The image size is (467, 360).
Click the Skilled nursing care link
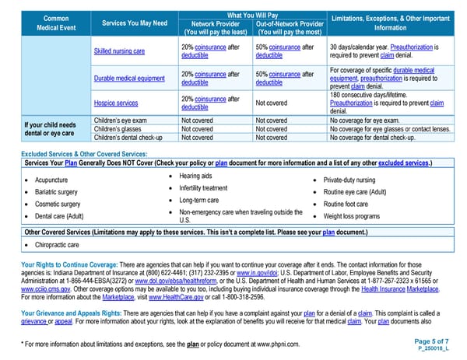pos(119,51)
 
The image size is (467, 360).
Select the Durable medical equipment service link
pos(129,79)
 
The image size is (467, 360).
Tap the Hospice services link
pos(115,103)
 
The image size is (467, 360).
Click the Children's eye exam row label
pos(125,121)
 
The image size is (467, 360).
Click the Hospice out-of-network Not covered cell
pos(272,103)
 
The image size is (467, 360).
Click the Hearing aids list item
pos(195,176)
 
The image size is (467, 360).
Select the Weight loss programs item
pos(352,215)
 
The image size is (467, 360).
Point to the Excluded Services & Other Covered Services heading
pos(86,154)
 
